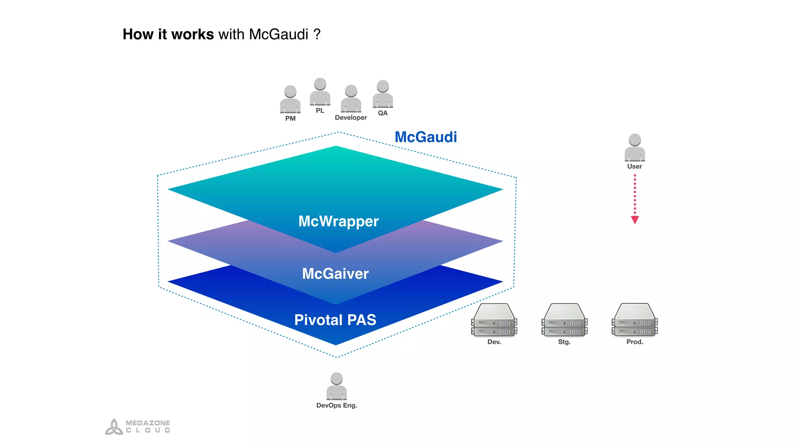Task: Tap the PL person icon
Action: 320,92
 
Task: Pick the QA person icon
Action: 383,94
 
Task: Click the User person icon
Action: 635,148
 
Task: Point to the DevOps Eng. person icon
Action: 337,386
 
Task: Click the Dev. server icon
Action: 494,320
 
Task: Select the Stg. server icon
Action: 564,320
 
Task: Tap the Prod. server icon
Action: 635,320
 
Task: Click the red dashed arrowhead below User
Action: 635,220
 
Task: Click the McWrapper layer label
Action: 338,221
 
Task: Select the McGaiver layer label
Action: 335,274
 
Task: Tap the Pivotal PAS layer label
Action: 335,320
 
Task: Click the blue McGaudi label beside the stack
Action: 426,137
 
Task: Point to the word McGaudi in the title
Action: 279,34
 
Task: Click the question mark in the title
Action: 317,34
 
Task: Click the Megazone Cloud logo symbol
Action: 114,427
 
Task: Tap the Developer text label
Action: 351,118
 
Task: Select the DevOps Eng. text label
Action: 337,405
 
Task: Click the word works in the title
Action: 192,34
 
